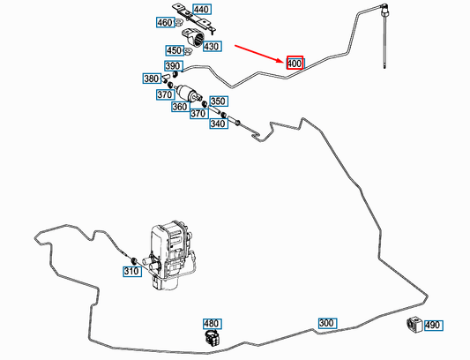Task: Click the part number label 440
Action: pyautogui.click(x=202, y=10)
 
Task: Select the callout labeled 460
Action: pyautogui.click(x=165, y=23)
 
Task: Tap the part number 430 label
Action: pyautogui.click(x=213, y=47)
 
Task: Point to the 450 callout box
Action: pyautogui.click(x=175, y=50)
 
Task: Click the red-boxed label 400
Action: pyautogui.click(x=295, y=63)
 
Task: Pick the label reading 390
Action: pyautogui.click(x=173, y=66)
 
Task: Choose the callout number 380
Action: pyautogui.click(x=152, y=79)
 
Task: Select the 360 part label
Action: pyautogui.click(x=181, y=107)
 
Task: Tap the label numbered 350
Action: pyautogui.click(x=219, y=101)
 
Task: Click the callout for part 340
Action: pyautogui.click(x=219, y=124)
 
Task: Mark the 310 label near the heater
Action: pyautogui.click(x=132, y=271)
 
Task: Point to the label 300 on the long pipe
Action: pyautogui.click(x=327, y=323)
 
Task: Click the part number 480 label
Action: pyautogui.click(x=213, y=324)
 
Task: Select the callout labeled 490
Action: pyautogui.click(x=434, y=326)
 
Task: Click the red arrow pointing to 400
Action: pyautogui.click(x=259, y=54)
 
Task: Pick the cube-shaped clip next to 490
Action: pyautogui.click(x=414, y=325)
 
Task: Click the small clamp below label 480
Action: pyautogui.click(x=213, y=337)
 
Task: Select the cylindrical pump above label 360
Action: pyautogui.click(x=188, y=92)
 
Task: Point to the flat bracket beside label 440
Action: pyautogui.click(x=194, y=19)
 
